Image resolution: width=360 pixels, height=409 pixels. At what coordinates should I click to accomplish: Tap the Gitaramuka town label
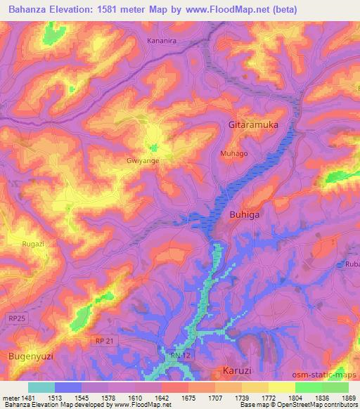(254, 124)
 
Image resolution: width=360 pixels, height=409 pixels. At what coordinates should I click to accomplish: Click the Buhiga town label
(248, 216)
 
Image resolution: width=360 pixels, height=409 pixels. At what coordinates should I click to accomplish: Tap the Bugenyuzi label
(30, 357)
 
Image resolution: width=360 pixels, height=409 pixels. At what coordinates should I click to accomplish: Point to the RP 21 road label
(103, 340)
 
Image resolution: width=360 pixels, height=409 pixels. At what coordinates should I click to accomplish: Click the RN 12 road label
(179, 357)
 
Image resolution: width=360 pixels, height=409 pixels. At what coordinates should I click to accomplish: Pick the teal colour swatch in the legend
(41, 387)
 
